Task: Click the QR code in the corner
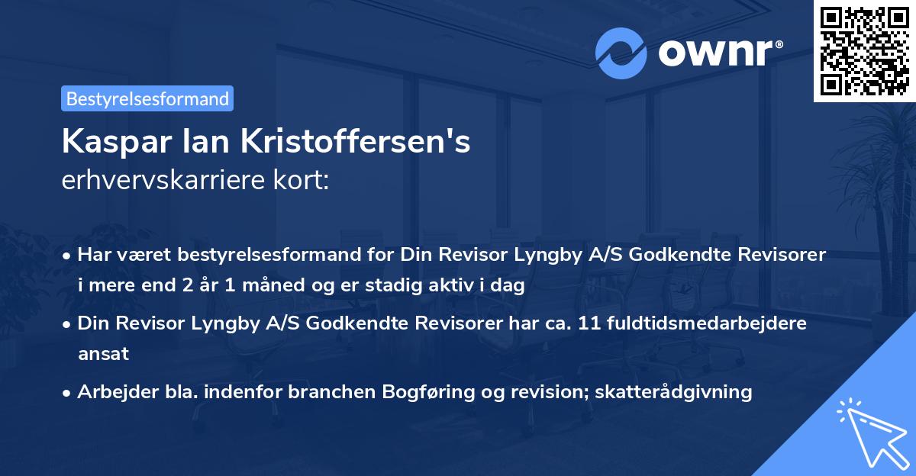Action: [x=864, y=50]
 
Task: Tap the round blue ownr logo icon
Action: [x=621, y=53]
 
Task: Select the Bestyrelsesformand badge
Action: [x=147, y=98]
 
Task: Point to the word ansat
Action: [x=103, y=354]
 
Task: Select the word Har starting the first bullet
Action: [x=92, y=255]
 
